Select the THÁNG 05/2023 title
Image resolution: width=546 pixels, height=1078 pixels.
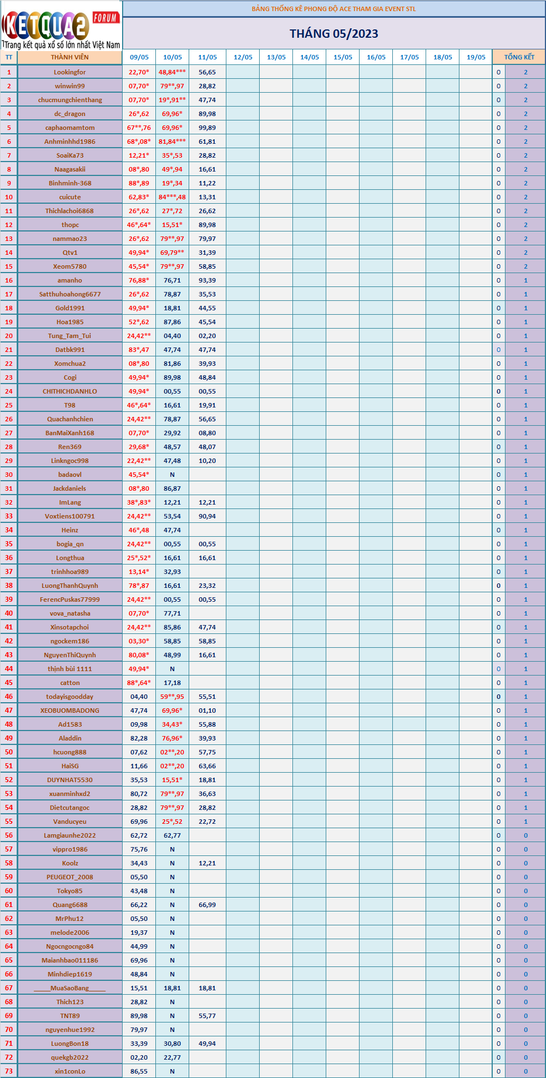pyautogui.click(x=333, y=34)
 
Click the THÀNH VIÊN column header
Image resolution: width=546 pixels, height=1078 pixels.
pyautogui.click(x=69, y=57)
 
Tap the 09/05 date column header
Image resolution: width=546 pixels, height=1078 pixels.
pyautogui.click(x=139, y=57)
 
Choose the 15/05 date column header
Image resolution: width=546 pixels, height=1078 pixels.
pyautogui.click(x=342, y=57)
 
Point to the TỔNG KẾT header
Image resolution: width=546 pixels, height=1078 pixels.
pyautogui.click(x=519, y=57)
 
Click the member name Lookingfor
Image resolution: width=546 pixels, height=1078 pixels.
pyautogui.click(x=69, y=72)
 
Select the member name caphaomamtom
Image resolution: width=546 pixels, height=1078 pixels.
pyautogui.click(x=69, y=128)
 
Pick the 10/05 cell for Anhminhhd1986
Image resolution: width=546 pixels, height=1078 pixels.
pyautogui.click(x=172, y=142)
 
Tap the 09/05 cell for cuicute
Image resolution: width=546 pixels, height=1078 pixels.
pyautogui.click(x=139, y=197)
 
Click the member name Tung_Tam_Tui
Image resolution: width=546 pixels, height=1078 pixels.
pyautogui.click(x=69, y=336)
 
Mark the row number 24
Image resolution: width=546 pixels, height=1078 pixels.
pyautogui.click(x=9, y=391)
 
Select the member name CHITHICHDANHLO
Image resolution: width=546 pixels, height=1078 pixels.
pyautogui.click(x=69, y=391)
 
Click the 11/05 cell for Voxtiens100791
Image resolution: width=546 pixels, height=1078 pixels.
pyautogui.click(x=207, y=516)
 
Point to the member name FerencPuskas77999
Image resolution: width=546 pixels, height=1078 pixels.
pyautogui.click(x=69, y=600)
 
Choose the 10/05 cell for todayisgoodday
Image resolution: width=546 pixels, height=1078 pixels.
pyautogui.click(x=172, y=697)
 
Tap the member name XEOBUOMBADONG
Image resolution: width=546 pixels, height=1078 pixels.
pyautogui.click(x=69, y=711)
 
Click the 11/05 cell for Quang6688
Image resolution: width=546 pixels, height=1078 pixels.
pyautogui.click(x=207, y=905)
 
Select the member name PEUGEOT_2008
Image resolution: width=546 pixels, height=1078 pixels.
pyautogui.click(x=69, y=877)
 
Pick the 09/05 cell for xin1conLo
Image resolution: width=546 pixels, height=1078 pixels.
pyautogui.click(x=139, y=1071)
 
